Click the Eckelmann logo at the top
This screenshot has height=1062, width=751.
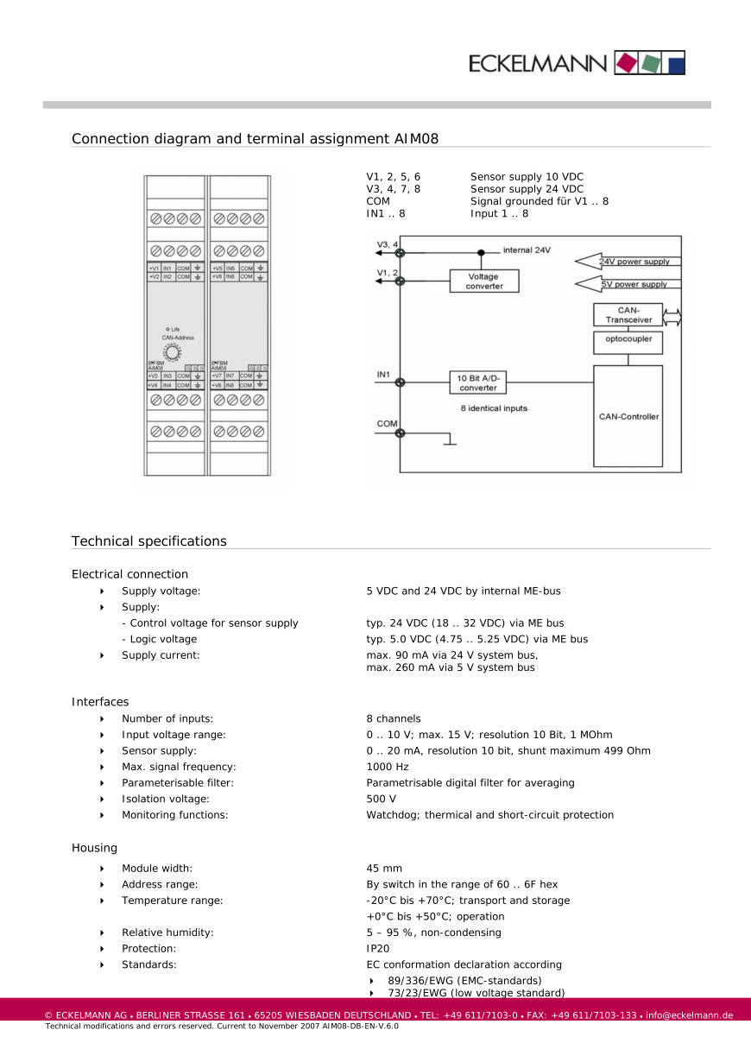click(x=577, y=62)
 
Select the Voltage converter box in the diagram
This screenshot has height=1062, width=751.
click(x=483, y=281)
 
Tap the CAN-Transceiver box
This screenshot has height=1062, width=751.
click(x=628, y=315)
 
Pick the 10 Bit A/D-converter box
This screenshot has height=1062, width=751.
click(x=477, y=382)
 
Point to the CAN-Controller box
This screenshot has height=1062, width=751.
click(x=628, y=416)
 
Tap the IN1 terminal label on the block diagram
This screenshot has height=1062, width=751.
click(x=384, y=376)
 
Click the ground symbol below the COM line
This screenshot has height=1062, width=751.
click(x=449, y=444)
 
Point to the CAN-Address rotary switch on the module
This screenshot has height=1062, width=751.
click(x=173, y=353)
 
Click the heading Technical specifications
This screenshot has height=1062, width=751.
click(x=149, y=541)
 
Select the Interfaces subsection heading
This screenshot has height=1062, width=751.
click(x=100, y=702)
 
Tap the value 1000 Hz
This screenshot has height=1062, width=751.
click(x=388, y=767)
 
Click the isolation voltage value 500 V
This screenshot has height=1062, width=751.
click(x=382, y=799)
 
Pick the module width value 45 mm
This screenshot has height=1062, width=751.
click(x=384, y=869)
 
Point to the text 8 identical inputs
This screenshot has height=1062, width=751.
click(x=493, y=408)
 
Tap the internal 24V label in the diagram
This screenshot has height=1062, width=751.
click(x=527, y=250)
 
